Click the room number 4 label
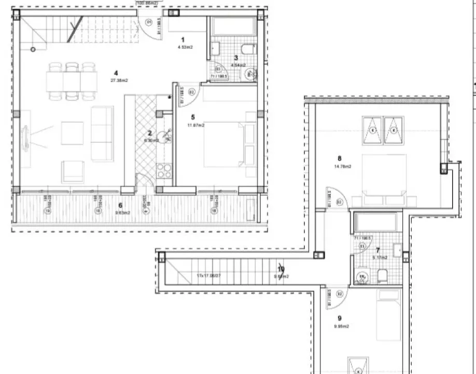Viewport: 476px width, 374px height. pos(116,73)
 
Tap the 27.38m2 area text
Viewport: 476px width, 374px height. pos(119,81)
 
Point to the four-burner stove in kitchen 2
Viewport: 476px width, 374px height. pos(164,171)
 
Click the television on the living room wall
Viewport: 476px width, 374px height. pos(24,138)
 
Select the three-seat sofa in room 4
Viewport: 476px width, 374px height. pos(102,133)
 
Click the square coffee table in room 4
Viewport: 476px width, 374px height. pos(72,133)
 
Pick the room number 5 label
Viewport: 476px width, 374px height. pos(193,117)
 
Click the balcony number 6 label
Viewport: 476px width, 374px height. pos(120,205)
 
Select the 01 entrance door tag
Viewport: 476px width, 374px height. pos(149,22)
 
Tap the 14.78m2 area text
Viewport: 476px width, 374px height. pos(343,167)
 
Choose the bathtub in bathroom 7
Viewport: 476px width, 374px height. pos(375,222)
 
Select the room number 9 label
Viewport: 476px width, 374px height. pos(339,318)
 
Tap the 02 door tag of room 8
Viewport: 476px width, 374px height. pos(340,202)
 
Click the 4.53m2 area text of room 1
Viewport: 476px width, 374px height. pos(186,47)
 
